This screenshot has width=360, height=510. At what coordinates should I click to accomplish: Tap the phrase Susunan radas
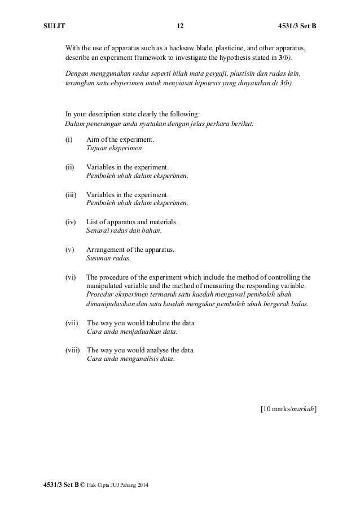coord(108,258)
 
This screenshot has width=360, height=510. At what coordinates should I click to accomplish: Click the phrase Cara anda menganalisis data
coord(131,359)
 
